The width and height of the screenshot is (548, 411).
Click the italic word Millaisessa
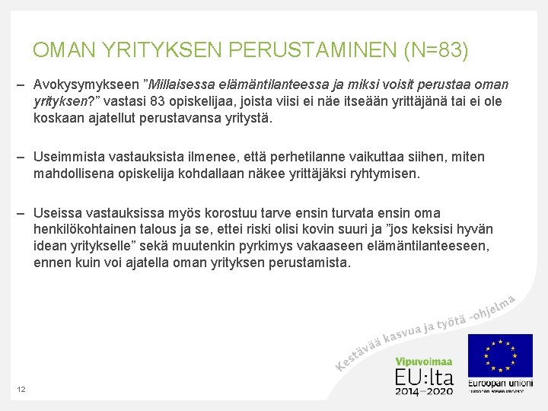tap(181, 84)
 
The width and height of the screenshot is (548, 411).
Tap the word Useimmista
tap(68, 157)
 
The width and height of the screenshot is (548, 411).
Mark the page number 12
tap(21, 390)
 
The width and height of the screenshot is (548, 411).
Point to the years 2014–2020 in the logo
tap(423, 390)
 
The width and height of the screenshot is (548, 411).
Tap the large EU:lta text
tap(423, 377)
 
